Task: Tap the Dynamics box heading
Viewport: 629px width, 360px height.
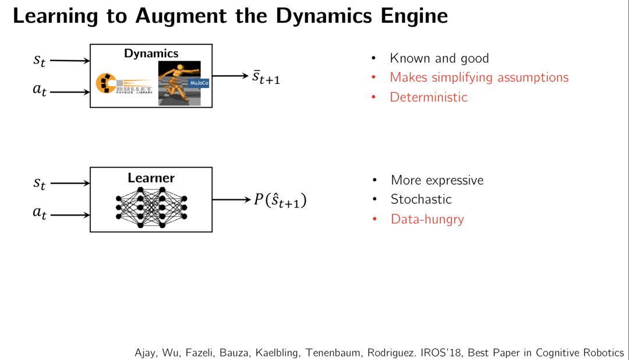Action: [x=151, y=54]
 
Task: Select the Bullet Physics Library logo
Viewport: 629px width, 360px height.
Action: [x=124, y=84]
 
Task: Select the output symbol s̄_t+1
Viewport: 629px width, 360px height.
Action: [x=266, y=77]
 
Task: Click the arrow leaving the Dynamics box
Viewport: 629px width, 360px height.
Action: [x=230, y=76]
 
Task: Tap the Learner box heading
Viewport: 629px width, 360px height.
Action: [x=151, y=178]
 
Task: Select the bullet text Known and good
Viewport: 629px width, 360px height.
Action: [x=439, y=58]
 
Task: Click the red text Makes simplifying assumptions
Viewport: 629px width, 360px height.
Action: [x=479, y=77]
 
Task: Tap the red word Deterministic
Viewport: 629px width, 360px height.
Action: [x=429, y=97]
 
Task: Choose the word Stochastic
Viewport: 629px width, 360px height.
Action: [x=421, y=199]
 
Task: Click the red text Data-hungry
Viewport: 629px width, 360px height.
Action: [x=427, y=219]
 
